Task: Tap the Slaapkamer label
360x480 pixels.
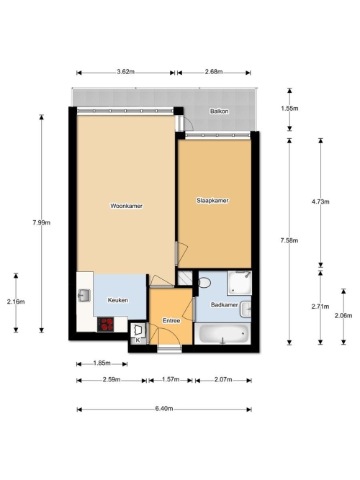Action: pos(212,201)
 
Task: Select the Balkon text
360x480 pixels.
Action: pos(219,112)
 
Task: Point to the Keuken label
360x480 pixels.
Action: pos(118,300)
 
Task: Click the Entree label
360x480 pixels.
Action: pos(171,321)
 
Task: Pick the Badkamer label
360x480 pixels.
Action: pos(224,305)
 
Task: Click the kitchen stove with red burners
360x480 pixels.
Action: pos(106,324)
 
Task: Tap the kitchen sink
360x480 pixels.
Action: pos(84,295)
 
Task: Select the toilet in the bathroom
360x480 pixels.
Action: pos(204,282)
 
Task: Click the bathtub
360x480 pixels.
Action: pos(222,334)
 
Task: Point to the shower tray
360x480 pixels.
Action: pos(239,283)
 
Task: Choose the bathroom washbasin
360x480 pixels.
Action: pos(246,309)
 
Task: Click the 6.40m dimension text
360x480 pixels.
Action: pos(164,409)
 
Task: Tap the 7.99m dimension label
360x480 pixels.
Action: pos(41,223)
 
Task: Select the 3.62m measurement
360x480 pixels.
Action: pos(125,72)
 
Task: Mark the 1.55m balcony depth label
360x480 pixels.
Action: pos(289,109)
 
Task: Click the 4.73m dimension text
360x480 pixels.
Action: pos(320,201)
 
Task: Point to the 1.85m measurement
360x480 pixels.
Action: pos(102,363)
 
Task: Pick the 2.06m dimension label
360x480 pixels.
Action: pos(343,316)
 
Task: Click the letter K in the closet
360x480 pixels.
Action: pos(138,340)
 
